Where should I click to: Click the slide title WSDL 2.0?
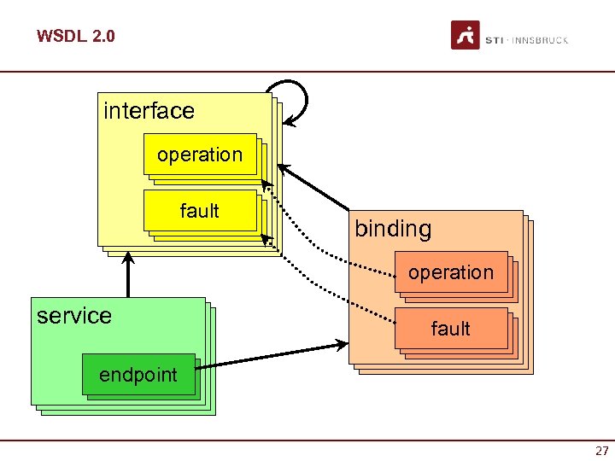click(x=75, y=36)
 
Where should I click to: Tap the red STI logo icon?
click(x=466, y=36)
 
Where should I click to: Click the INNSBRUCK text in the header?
click(x=540, y=40)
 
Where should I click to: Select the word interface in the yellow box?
click(x=149, y=111)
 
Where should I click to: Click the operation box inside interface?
click(x=200, y=155)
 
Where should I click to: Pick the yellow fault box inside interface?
click(x=200, y=211)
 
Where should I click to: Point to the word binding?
click(x=393, y=229)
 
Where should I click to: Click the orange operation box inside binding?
click(x=451, y=272)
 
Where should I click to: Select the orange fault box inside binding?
click(x=451, y=329)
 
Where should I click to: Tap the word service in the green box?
click(x=74, y=316)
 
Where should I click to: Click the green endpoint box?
click(x=138, y=375)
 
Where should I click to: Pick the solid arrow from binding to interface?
click(x=316, y=188)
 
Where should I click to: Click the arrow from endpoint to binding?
click(x=273, y=355)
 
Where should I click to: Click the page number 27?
click(x=601, y=451)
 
